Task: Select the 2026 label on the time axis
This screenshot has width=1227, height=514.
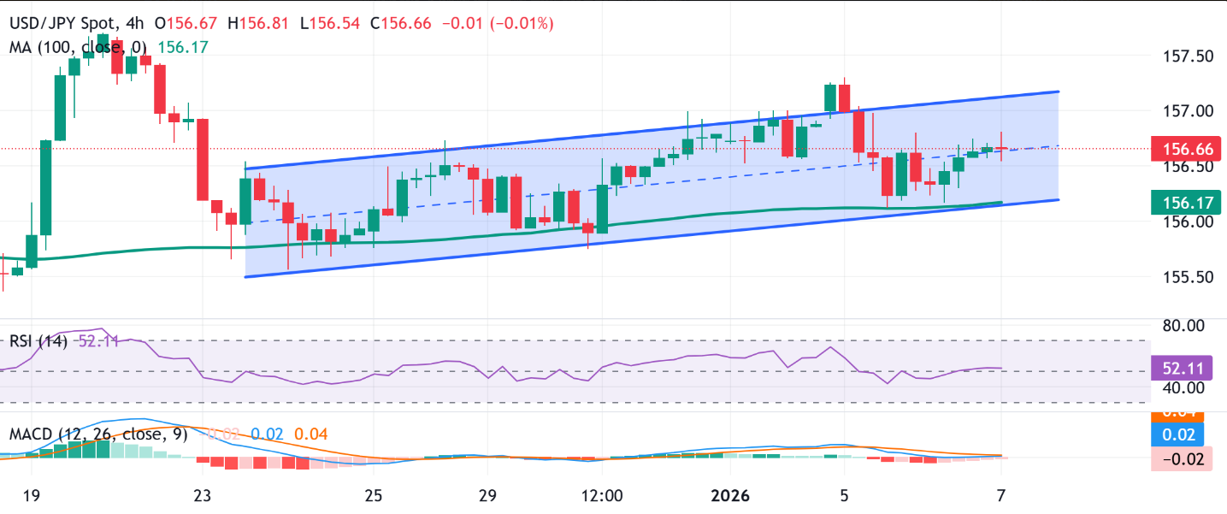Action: [x=730, y=496]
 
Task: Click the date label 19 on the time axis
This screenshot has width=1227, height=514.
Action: [x=31, y=496]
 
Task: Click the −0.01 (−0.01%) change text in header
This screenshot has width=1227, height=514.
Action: [x=498, y=23]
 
